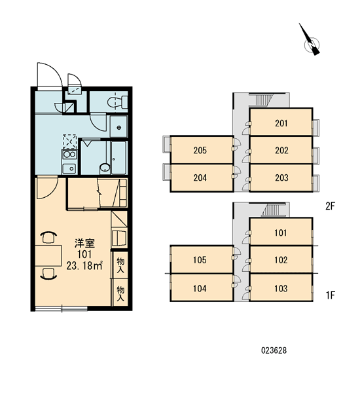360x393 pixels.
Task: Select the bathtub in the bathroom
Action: coord(118,157)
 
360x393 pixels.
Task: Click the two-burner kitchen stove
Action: coord(69,154)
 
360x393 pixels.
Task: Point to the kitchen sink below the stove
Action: coord(69,168)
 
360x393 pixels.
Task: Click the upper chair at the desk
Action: coord(48,237)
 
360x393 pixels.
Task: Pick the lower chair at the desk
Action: coord(48,273)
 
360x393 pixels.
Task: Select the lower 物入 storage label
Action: coord(120,293)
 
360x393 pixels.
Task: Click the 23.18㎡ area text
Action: coord(84,265)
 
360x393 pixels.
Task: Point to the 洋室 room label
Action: coord(84,243)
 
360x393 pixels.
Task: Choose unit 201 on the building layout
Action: coord(281,122)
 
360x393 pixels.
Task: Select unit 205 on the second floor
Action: coord(202,149)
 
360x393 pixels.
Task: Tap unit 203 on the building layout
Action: coord(281,178)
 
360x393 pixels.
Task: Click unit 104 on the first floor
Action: coord(202,288)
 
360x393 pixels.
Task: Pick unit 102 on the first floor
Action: coord(281,259)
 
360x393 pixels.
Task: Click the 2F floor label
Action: coord(330,206)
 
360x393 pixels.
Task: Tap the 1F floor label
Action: coord(331,295)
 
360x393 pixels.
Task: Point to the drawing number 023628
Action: coord(274,350)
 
